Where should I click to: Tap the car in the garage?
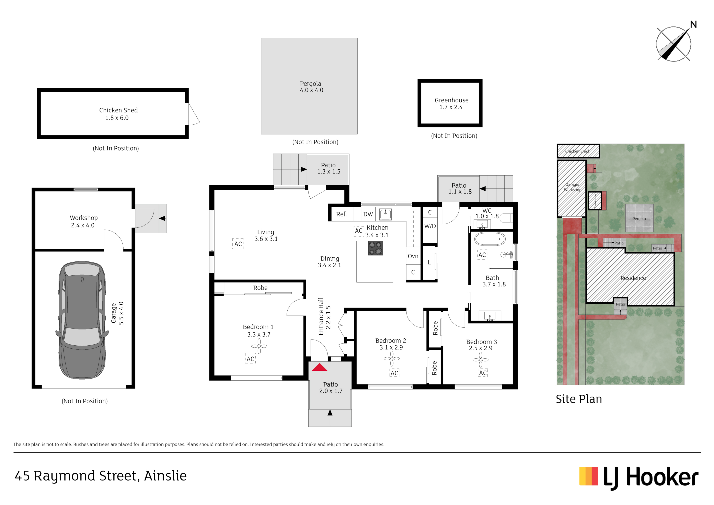click(82, 320)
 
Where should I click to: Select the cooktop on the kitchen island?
click(375, 248)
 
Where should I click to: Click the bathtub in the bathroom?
click(490, 239)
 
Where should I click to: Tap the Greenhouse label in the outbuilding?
click(451, 100)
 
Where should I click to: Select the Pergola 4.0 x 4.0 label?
click(311, 87)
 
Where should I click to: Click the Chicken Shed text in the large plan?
click(118, 110)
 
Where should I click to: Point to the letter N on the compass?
click(693, 24)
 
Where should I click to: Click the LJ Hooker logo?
click(639, 478)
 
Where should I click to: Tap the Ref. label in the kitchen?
click(341, 214)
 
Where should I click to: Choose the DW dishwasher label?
click(368, 214)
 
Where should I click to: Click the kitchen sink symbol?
click(385, 214)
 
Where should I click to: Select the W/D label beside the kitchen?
click(430, 226)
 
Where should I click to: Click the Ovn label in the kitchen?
click(413, 256)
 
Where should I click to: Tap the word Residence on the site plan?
click(633, 278)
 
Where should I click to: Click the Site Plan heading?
click(579, 399)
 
